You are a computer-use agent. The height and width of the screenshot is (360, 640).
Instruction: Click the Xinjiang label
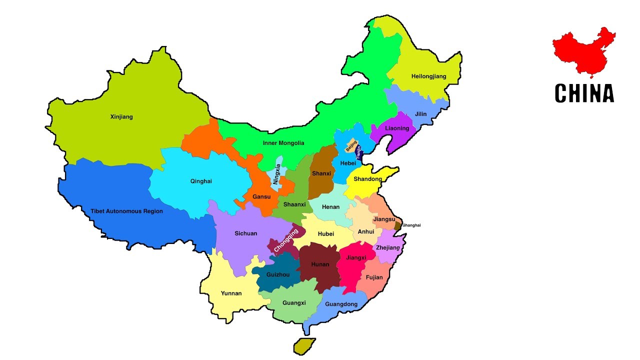(x=121, y=117)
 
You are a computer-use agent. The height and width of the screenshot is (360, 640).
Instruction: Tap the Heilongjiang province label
(x=428, y=76)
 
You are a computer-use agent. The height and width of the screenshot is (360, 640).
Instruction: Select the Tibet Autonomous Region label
(x=126, y=211)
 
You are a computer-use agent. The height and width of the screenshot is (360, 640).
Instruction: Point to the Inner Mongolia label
(x=283, y=143)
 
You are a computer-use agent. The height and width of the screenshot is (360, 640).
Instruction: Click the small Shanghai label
(x=411, y=225)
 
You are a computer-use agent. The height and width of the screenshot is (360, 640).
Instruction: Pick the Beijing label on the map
(x=351, y=146)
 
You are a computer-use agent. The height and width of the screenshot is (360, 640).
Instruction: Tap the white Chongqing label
(x=286, y=239)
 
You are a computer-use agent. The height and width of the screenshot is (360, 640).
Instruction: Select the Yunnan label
(x=231, y=293)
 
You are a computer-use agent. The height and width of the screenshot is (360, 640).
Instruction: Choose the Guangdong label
(x=341, y=304)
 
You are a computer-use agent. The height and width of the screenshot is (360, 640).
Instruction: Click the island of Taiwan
(x=304, y=346)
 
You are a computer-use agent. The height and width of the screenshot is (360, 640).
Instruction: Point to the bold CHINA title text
(x=584, y=93)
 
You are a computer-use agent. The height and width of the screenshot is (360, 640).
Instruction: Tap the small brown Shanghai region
(x=397, y=226)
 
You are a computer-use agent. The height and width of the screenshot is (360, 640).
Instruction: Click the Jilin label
(x=421, y=114)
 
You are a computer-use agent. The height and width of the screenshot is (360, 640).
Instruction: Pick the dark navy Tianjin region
(x=358, y=151)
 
